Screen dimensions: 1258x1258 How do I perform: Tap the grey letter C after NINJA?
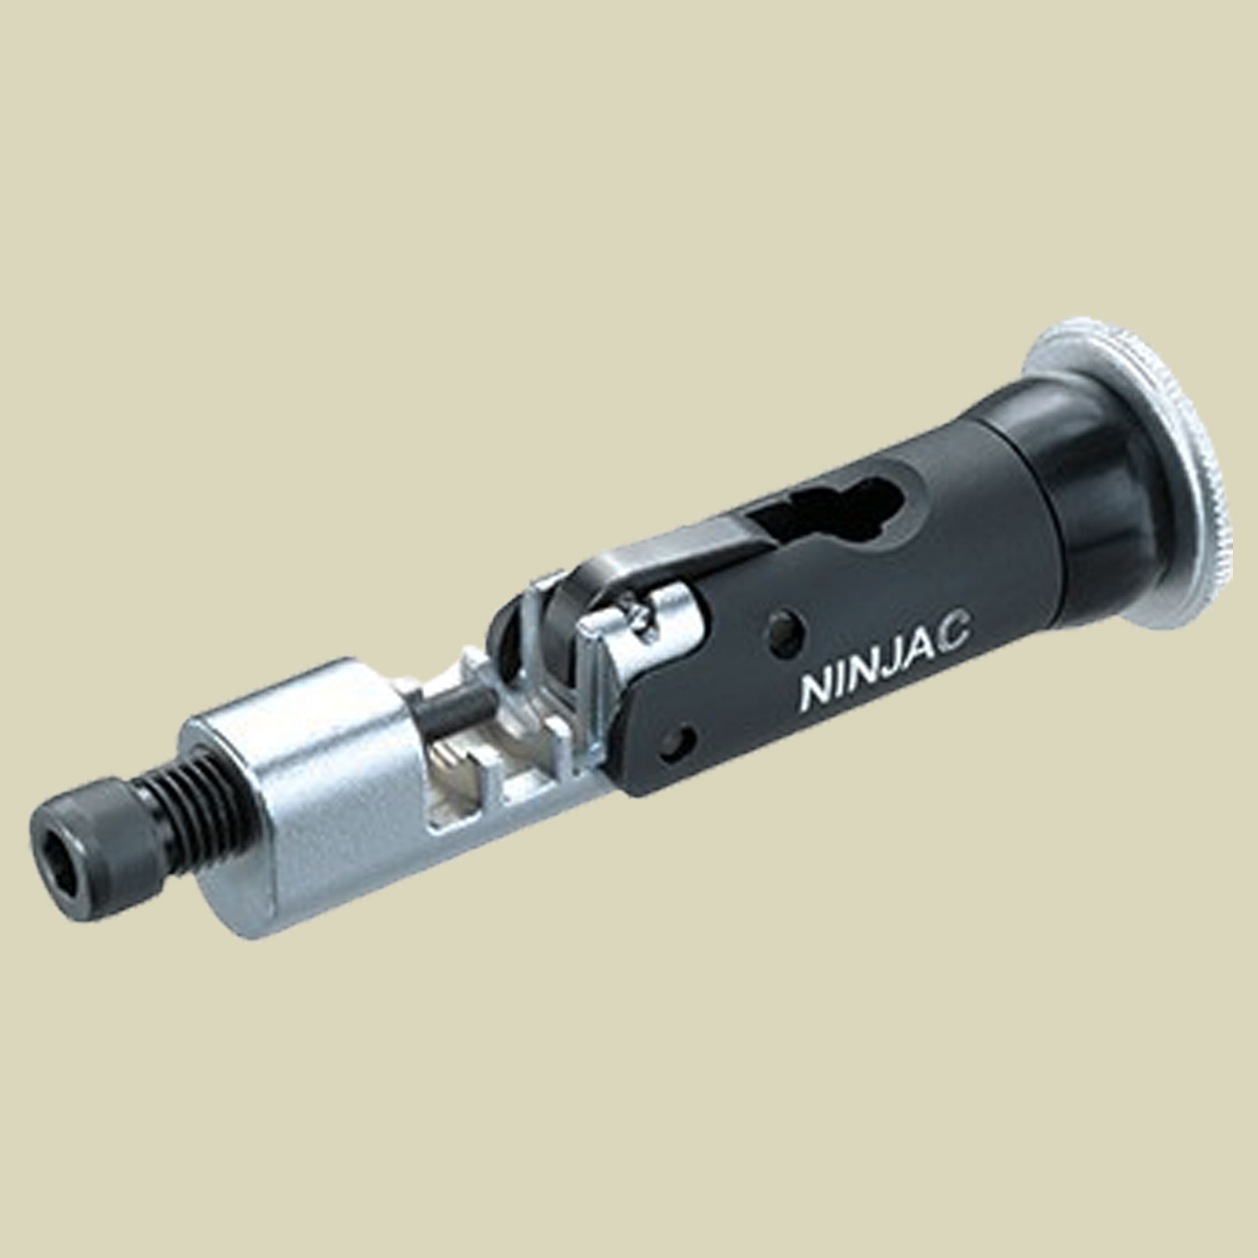pyautogui.click(x=952, y=632)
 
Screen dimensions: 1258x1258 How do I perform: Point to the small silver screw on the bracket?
pyautogui.click(x=639, y=612)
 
